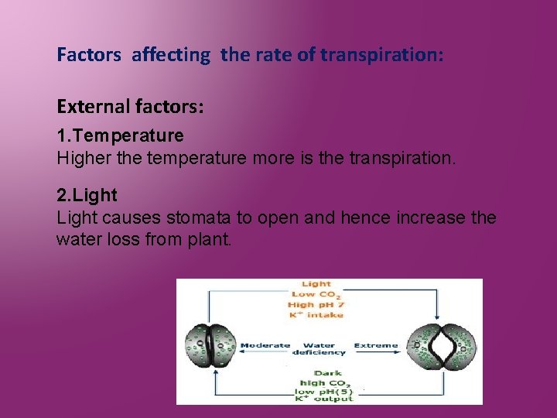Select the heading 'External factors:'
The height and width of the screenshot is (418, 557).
click(x=130, y=107)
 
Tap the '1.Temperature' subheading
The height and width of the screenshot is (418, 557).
click(x=120, y=135)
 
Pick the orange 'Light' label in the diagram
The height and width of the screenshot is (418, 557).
click(x=316, y=284)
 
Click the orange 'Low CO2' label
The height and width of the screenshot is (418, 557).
click(x=316, y=294)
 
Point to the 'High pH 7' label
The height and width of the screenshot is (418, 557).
click(x=316, y=305)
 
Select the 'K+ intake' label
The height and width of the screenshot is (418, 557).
click(x=316, y=315)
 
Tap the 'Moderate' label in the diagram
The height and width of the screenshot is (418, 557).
click(x=265, y=345)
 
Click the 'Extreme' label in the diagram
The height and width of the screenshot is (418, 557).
click(x=375, y=345)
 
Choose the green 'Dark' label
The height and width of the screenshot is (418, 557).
click(x=327, y=372)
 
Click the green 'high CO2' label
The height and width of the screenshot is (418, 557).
click(x=326, y=382)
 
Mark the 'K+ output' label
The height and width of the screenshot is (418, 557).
click(x=324, y=399)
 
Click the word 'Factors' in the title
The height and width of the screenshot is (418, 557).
click(x=89, y=55)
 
